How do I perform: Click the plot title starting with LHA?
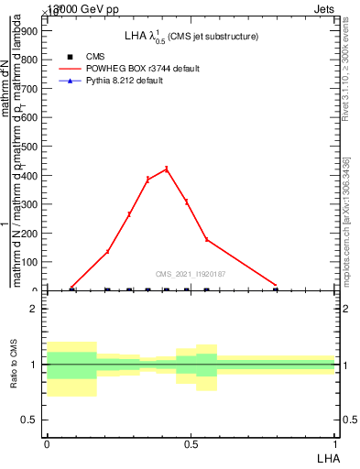(x=191, y=36)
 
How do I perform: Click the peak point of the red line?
(x=167, y=169)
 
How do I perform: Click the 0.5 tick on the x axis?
(x=191, y=444)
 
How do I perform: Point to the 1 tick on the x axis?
(x=335, y=444)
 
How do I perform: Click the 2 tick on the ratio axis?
(x=33, y=309)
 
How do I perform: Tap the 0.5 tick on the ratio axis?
(x=30, y=420)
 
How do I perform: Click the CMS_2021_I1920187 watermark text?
(x=191, y=274)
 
